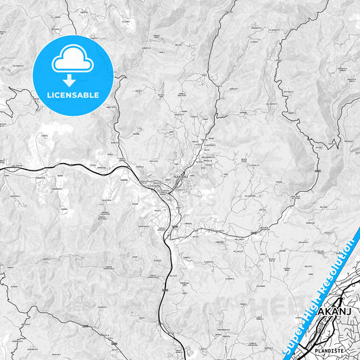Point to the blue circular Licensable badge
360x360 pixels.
(73, 75)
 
